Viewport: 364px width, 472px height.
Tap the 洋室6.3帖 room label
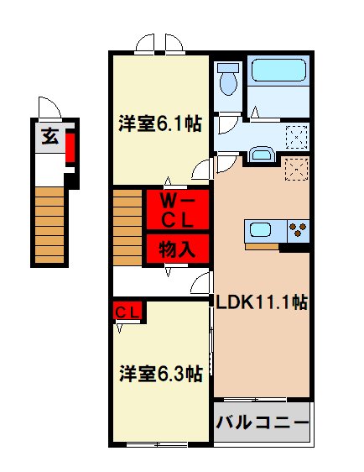159,373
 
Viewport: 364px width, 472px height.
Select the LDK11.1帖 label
263,303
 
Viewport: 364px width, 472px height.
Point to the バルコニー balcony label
263,422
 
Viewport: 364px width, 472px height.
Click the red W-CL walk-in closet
178,210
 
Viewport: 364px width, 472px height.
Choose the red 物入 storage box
178,249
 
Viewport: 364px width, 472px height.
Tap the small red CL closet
128,312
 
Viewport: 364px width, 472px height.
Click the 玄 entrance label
50,137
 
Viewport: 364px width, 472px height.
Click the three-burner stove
298,230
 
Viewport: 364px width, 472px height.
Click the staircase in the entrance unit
49,223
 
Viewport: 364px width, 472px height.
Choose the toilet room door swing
226,123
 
